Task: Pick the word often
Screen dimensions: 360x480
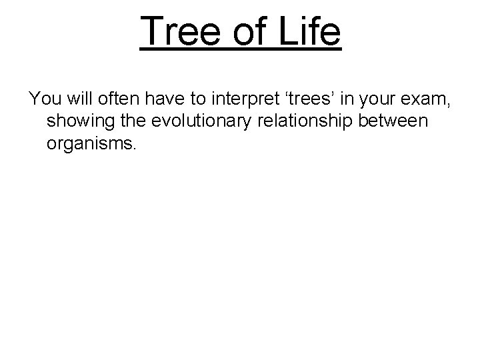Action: (117, 100)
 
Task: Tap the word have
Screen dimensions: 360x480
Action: (162, 100)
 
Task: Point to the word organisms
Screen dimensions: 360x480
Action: (91, 144)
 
